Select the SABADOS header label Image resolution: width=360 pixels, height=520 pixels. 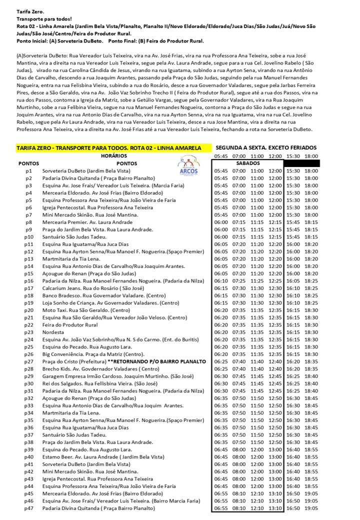[x=247, y=163]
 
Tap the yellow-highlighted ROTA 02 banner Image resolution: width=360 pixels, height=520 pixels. [x=109, y=148]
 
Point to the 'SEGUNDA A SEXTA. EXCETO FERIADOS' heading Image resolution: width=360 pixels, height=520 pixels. [x=267, y=148]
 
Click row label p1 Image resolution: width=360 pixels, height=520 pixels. [x=28, y=171]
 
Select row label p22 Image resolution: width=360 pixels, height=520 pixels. [x=28, y=325]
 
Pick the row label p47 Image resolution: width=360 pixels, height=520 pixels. [x=28, y=508]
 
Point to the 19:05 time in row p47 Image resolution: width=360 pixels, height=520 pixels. [x=311, y=508]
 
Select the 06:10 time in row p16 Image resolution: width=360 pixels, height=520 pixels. [x=220, y=281]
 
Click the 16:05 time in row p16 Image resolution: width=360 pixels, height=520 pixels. [x=292, y=281]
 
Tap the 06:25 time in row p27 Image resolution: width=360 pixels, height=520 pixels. [x=220, y=361]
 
